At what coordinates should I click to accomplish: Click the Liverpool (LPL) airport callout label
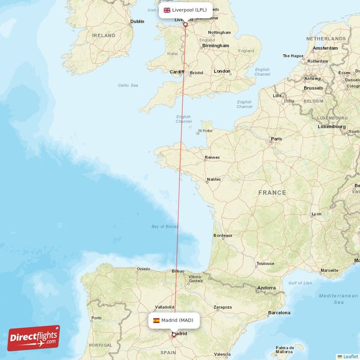click(185, 10)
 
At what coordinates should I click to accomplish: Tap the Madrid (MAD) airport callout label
click(174, 320)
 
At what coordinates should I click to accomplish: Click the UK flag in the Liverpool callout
click(167, 10)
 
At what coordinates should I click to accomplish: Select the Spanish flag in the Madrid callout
click(156, 320)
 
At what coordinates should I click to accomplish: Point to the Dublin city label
click(137, 21)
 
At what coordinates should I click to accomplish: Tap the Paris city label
click(276, 139)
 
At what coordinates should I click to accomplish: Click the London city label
click(222, 71)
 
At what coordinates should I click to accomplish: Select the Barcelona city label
click(279, 312)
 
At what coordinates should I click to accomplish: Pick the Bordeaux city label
click(223, 235)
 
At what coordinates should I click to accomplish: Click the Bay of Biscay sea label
click(165, 226)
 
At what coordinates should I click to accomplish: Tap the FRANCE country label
click(272, 193)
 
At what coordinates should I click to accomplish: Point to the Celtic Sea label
click(128, 85)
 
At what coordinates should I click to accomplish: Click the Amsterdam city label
click(325, 48)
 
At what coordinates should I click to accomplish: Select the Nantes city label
click(213, 179)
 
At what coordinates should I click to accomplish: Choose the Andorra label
click(266, 288)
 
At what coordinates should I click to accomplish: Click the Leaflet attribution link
click(351, 356)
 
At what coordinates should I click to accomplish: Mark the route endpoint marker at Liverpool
click(185, 24)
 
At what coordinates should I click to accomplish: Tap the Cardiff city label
click(177, 72)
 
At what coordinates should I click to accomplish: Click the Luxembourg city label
click(330, 126)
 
